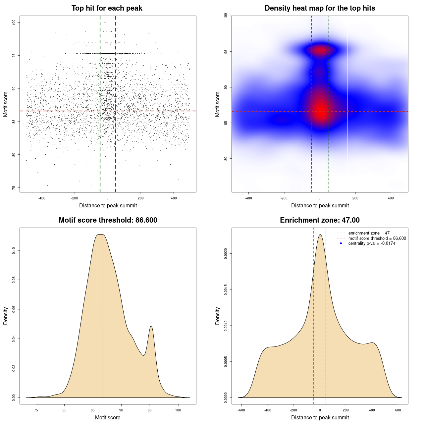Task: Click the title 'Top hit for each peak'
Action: tap(107, 8)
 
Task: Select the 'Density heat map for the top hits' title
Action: tap(320, 8)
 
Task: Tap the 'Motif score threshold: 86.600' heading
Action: tap(108, 220)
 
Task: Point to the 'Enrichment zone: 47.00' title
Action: tap(320, 220)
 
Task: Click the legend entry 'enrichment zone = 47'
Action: tap(369, 233)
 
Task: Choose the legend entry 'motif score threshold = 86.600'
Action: tap(377, 238)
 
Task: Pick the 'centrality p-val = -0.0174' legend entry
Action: tap(372, 243)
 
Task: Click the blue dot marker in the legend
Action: tap(341, 243)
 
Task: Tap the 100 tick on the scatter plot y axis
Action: tap(14, 22)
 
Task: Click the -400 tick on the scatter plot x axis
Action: tap(42, 198)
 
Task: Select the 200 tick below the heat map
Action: tap(355, 198)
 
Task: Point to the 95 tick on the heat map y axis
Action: tap(226, 52)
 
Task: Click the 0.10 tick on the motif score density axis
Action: tap(14, 251)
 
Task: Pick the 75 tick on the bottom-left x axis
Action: tap(36, 410)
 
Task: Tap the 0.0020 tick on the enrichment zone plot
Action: tap(226, 254)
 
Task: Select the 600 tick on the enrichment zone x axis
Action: tap(398, 410)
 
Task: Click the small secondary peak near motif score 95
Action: tap(151, 326)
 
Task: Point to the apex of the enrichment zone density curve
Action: tap(320, 235)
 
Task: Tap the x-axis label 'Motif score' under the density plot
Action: tap(108, 417)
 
